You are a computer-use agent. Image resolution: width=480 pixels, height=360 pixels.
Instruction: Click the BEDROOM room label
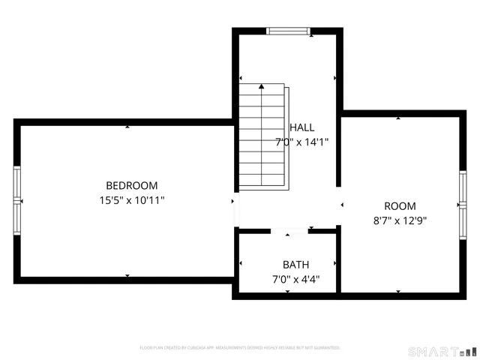click(131, 186)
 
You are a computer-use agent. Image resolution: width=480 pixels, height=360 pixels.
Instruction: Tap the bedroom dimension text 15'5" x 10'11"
click(131, 200)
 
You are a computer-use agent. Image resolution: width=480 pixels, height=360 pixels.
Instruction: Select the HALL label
click(302, 127)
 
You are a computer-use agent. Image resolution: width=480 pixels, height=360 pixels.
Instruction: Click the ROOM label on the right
click(400, 206)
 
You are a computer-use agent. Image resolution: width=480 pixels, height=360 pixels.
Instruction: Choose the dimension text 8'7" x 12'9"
click(400, 220)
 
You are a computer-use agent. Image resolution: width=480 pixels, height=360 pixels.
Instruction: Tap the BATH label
click(295, 265)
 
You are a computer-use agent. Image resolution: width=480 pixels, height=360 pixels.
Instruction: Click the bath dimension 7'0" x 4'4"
click(295, 279)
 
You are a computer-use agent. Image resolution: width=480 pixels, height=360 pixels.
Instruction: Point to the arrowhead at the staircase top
click(262, 87)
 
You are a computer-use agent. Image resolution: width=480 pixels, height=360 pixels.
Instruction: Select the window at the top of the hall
click(288, 31)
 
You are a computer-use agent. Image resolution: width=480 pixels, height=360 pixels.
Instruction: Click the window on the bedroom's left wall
click(17, 201)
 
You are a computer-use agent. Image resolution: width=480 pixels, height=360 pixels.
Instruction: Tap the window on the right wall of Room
click(463, 205)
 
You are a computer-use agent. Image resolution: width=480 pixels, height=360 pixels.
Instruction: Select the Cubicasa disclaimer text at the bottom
click(240, 348)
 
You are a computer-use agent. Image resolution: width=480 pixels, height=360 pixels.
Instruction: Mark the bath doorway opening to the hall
click(289, 231)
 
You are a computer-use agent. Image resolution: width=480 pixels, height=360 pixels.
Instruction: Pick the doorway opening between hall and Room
click(339, 204)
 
